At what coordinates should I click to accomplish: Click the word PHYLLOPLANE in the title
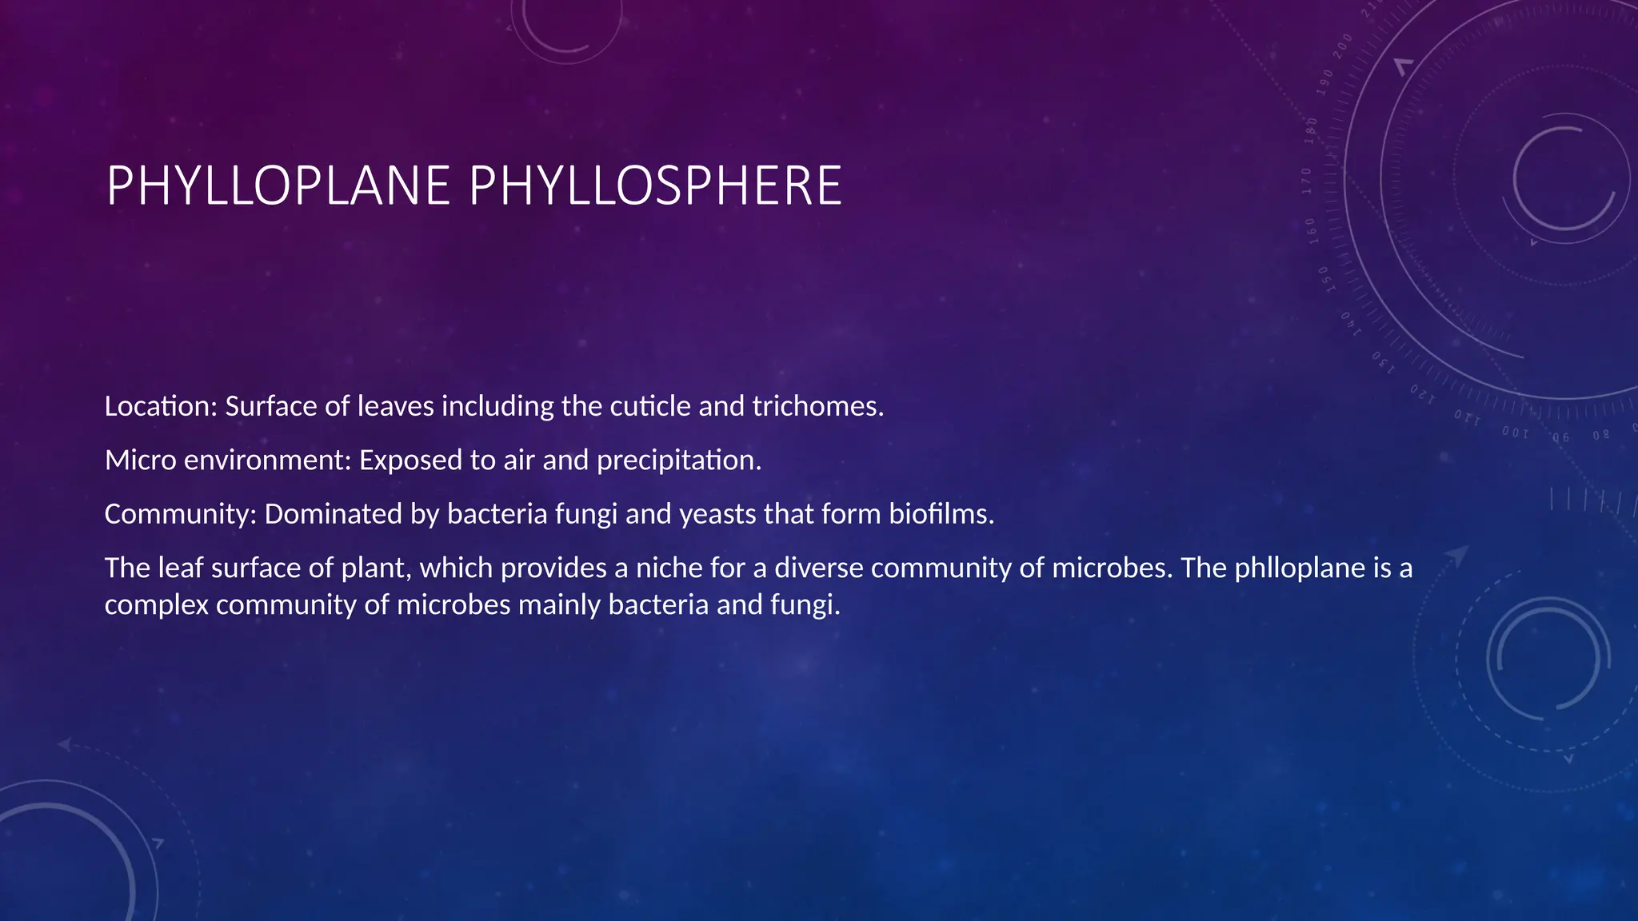(x=278, y=186)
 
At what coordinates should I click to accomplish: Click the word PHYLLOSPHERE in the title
(x=655, y=186)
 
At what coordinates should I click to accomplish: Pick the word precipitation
(x=679, y=461)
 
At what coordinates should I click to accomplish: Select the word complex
(x=156, y=606)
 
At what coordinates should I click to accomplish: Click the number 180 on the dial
(x=1311, y=130)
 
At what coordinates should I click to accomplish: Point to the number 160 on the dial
(x=1311, y=230)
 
